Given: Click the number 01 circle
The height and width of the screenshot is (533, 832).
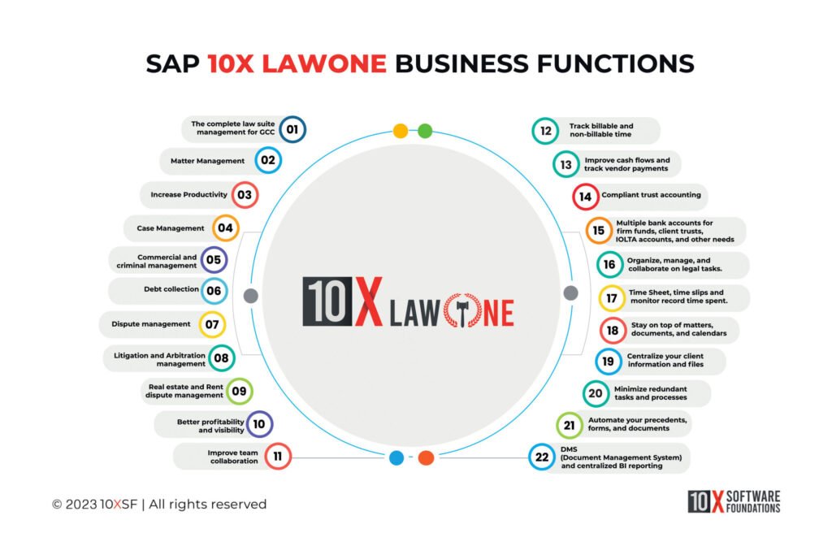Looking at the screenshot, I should coord(293,129).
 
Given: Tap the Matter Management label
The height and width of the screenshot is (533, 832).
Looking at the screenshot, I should coord(207,161).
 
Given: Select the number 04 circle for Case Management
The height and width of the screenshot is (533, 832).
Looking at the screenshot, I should coord(225,228).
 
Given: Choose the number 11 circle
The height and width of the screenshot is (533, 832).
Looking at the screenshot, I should coord(278,457).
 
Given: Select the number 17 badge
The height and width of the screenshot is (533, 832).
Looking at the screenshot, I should coord(612,298).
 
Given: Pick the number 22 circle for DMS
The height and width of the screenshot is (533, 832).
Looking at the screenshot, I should coord(541,457).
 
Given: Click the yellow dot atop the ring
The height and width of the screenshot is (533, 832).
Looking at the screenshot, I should coord(401,130).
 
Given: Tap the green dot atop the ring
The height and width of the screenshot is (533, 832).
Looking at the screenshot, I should coord(425,130).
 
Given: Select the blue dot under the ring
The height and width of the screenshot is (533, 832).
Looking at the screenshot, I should coord(396,457).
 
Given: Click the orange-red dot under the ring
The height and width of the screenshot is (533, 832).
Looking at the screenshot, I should coord(426,457).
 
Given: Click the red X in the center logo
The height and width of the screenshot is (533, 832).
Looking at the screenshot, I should coord(368,302).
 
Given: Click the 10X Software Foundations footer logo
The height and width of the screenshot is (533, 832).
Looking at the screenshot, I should coord(734,501).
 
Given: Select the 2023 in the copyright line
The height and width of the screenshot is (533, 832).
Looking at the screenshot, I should coord(80,505).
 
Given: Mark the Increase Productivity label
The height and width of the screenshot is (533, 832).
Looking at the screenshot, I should coord(189,195).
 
